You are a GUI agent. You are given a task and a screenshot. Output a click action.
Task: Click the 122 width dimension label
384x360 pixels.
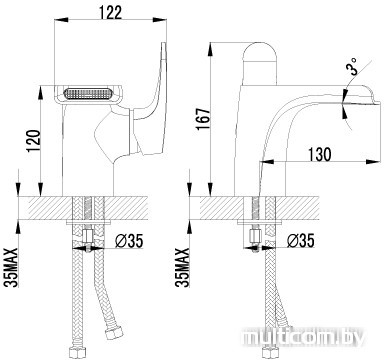coord(110,13)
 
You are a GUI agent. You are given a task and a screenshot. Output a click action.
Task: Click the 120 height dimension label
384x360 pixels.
coord(34,141)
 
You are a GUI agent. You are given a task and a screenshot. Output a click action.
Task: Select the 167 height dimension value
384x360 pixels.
coord(204,119)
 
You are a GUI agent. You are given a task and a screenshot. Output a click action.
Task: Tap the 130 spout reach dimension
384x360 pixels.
coord(319,154)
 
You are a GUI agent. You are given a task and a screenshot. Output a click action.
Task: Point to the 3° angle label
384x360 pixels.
coord(352,65)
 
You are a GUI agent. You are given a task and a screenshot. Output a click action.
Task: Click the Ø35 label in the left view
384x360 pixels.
coord(129,241)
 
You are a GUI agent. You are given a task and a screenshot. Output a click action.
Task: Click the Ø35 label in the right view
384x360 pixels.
coord(300,241)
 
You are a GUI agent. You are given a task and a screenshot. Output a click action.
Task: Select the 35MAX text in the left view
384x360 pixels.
coord(12,267)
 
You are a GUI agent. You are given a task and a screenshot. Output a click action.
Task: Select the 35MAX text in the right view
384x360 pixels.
coord(183,267)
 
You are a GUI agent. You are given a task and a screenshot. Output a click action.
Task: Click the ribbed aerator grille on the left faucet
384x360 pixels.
coord(87,94)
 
